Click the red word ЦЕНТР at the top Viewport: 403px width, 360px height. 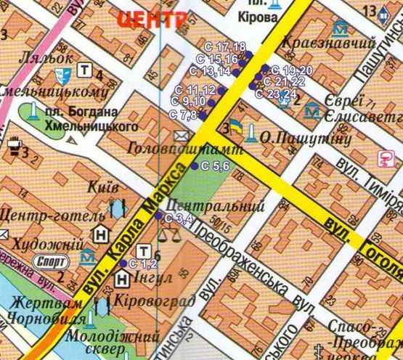click(150, 20)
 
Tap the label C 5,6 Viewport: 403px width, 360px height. click(215, 167)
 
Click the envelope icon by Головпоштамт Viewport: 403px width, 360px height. click(180, 135)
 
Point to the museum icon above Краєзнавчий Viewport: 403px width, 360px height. click(339, 30)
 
